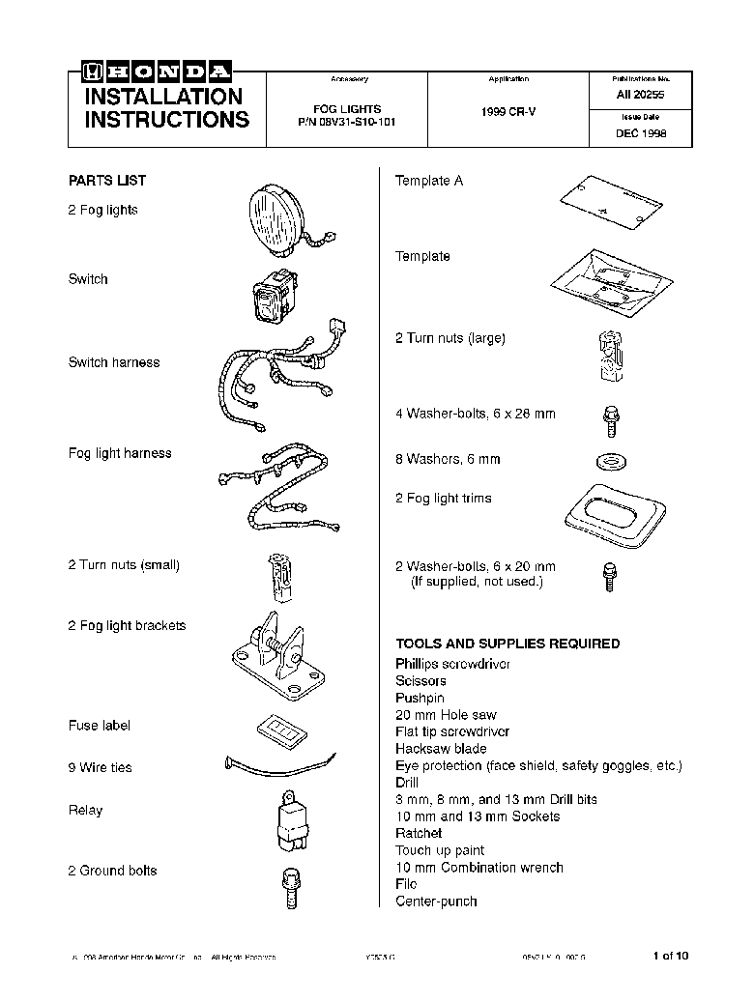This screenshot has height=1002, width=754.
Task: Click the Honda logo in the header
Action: pyautogui.click(x=158, y=72)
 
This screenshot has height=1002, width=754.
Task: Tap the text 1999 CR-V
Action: pyautogui.click(x=507, y=112)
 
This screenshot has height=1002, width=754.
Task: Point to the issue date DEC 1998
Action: pyautogui.click(x=640, y=134)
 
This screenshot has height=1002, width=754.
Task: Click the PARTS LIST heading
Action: pyautogui.click(x=107, y=181)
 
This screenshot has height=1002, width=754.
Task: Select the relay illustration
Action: pyautogui.click(x=288, y=816)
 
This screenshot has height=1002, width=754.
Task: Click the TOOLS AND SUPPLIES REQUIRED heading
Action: pyautogui.click(x=507, y=644)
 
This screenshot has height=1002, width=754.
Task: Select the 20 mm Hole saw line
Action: pyautogui.click(x=446, y=715)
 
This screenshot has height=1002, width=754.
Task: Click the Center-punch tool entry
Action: pyautogui.click(x=436, y=902)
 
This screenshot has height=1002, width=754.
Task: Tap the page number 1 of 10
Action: pyautogui.click(x=671, y=957)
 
